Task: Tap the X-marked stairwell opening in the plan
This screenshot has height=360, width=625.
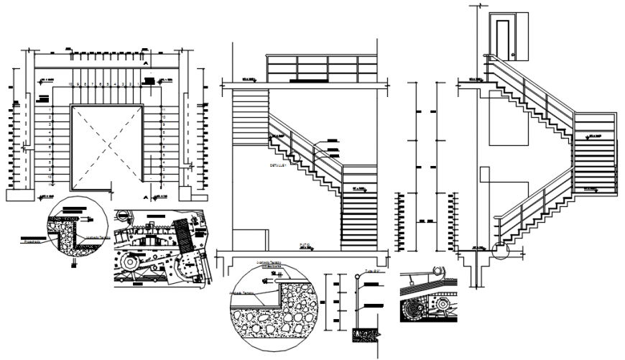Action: (106, 147)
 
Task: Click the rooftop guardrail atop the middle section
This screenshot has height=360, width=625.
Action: (321, 70)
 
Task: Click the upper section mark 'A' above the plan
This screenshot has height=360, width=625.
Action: (146, 63)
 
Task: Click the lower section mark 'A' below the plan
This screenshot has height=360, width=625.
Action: (147, 196)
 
